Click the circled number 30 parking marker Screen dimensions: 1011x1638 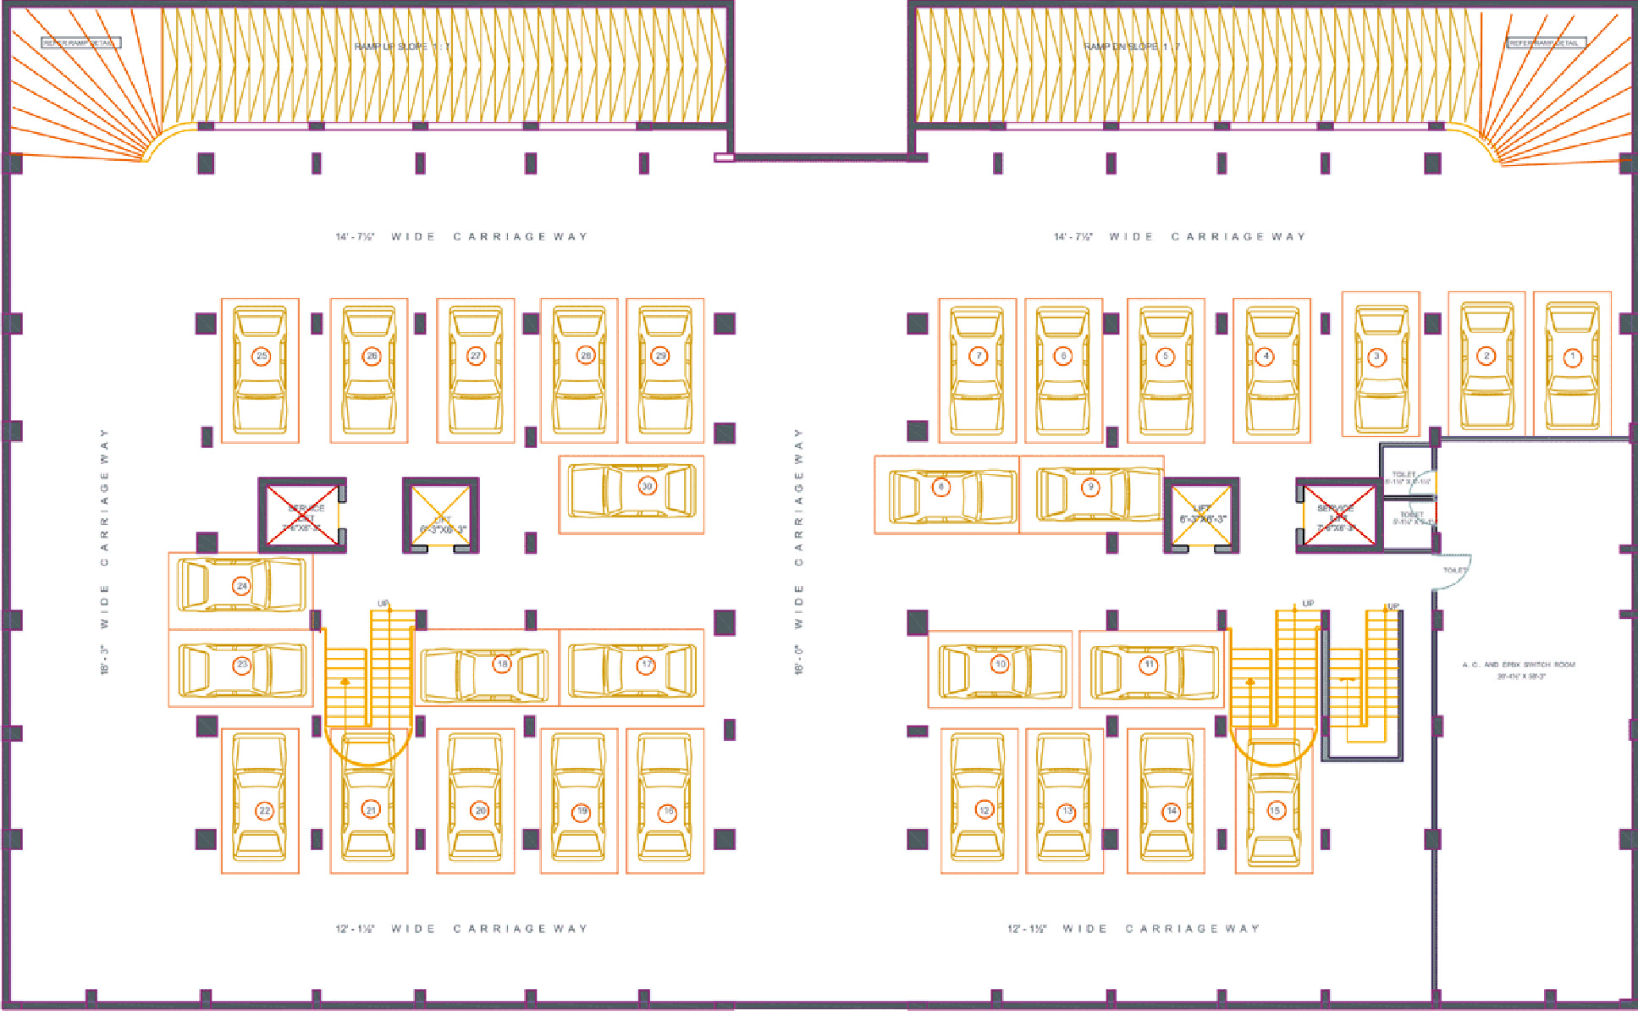tap(647, 486)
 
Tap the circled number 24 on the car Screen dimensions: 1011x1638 tap(242, 586)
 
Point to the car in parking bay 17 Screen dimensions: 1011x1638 tap(631, 668)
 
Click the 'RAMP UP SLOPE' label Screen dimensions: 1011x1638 tap(402, 47)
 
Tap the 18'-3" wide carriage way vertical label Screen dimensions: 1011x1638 tap(105, 551)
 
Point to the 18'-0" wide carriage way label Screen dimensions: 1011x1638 tap(798, 551)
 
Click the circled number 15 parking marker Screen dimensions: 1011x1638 tap(1275, 810)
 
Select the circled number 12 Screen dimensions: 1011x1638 tap(984, 810)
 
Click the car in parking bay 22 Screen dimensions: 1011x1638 tap(260, 800)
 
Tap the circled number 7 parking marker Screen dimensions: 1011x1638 tap(979, 356)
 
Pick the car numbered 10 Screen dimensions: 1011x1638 tap(1001, 670)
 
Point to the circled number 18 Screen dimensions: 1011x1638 tap(502, 664)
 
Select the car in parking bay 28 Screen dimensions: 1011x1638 tap(579, 370)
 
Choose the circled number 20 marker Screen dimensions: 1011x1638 tap(480, 810)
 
